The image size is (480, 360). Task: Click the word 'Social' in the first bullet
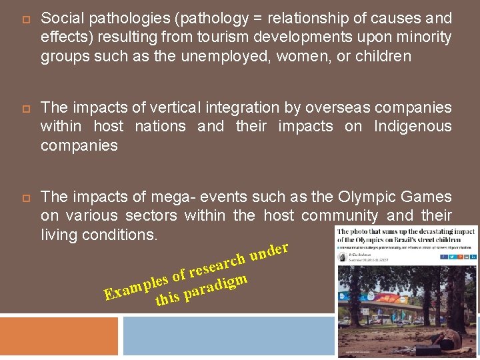tap(61, 19)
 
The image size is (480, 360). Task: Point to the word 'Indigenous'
tap(413, 126)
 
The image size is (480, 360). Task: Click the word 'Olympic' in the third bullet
tap(365, 197)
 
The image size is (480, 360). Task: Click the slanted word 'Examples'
tap(136, 285)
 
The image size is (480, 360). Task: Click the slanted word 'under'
tap(269, 251)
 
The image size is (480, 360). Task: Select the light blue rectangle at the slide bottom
tap(227, 336)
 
